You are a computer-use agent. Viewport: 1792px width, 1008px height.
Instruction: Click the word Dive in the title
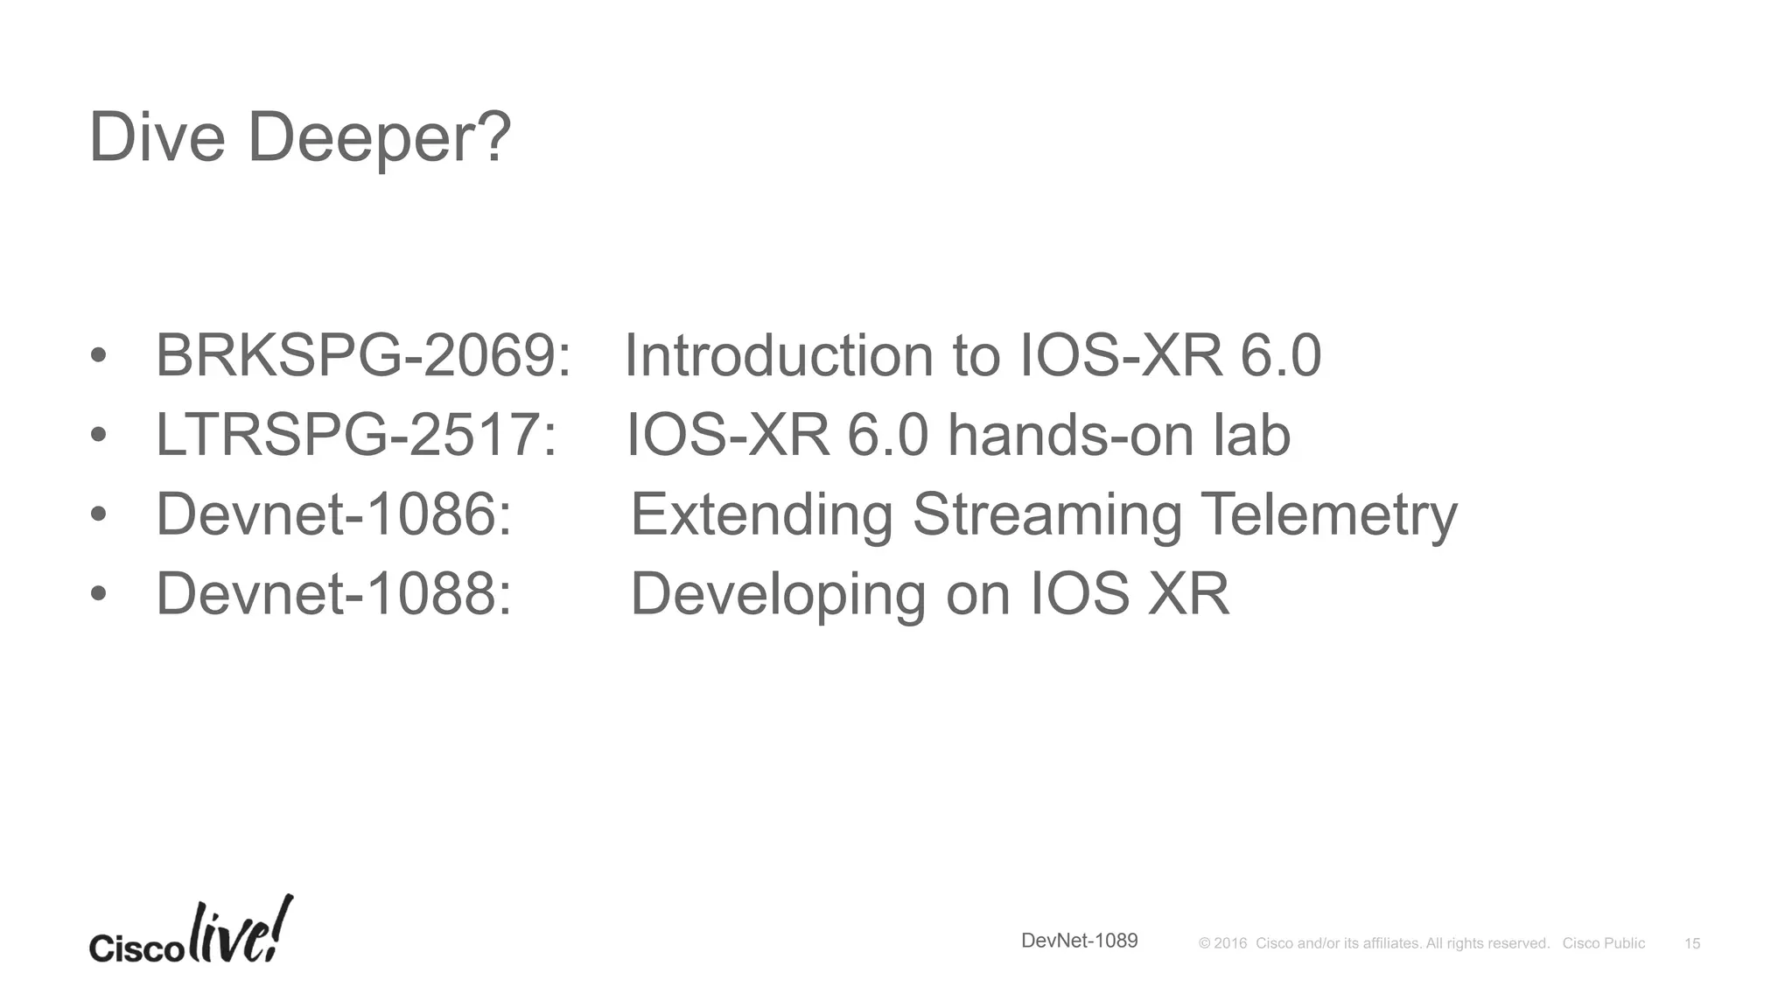pyautogui.click(x=157, y=137)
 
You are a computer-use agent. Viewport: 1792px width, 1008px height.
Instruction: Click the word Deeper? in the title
pyautogui.click(x=379, y=137)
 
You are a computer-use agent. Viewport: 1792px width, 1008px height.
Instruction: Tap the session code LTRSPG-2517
pyautogui.click(x=355, y=435)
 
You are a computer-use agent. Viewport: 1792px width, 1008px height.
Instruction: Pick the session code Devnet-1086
pyautogui.click(x=333, y=514)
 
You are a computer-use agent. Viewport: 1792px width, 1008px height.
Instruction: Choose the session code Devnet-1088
pyautogui.click(x=333, y=593)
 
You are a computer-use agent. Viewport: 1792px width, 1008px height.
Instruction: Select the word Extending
pyautogui.click(x=761, y=514)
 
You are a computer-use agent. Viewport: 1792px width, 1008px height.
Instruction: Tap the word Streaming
pyautogui.click(x=1046, y=514)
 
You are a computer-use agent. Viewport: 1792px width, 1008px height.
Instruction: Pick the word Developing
pyautogui.click(x=777, y=593)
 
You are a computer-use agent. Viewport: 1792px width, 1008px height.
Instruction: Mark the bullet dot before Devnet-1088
pyautogui.click(x=98, y=594)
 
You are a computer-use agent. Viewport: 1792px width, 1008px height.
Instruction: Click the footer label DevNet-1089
pyautogui.click(x=1079, y=941)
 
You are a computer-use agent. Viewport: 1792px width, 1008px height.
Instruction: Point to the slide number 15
pyautogui.click(x=1691, y=943)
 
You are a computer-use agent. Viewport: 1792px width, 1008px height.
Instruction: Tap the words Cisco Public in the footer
pyautogui.click(x=1603, y=943)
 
